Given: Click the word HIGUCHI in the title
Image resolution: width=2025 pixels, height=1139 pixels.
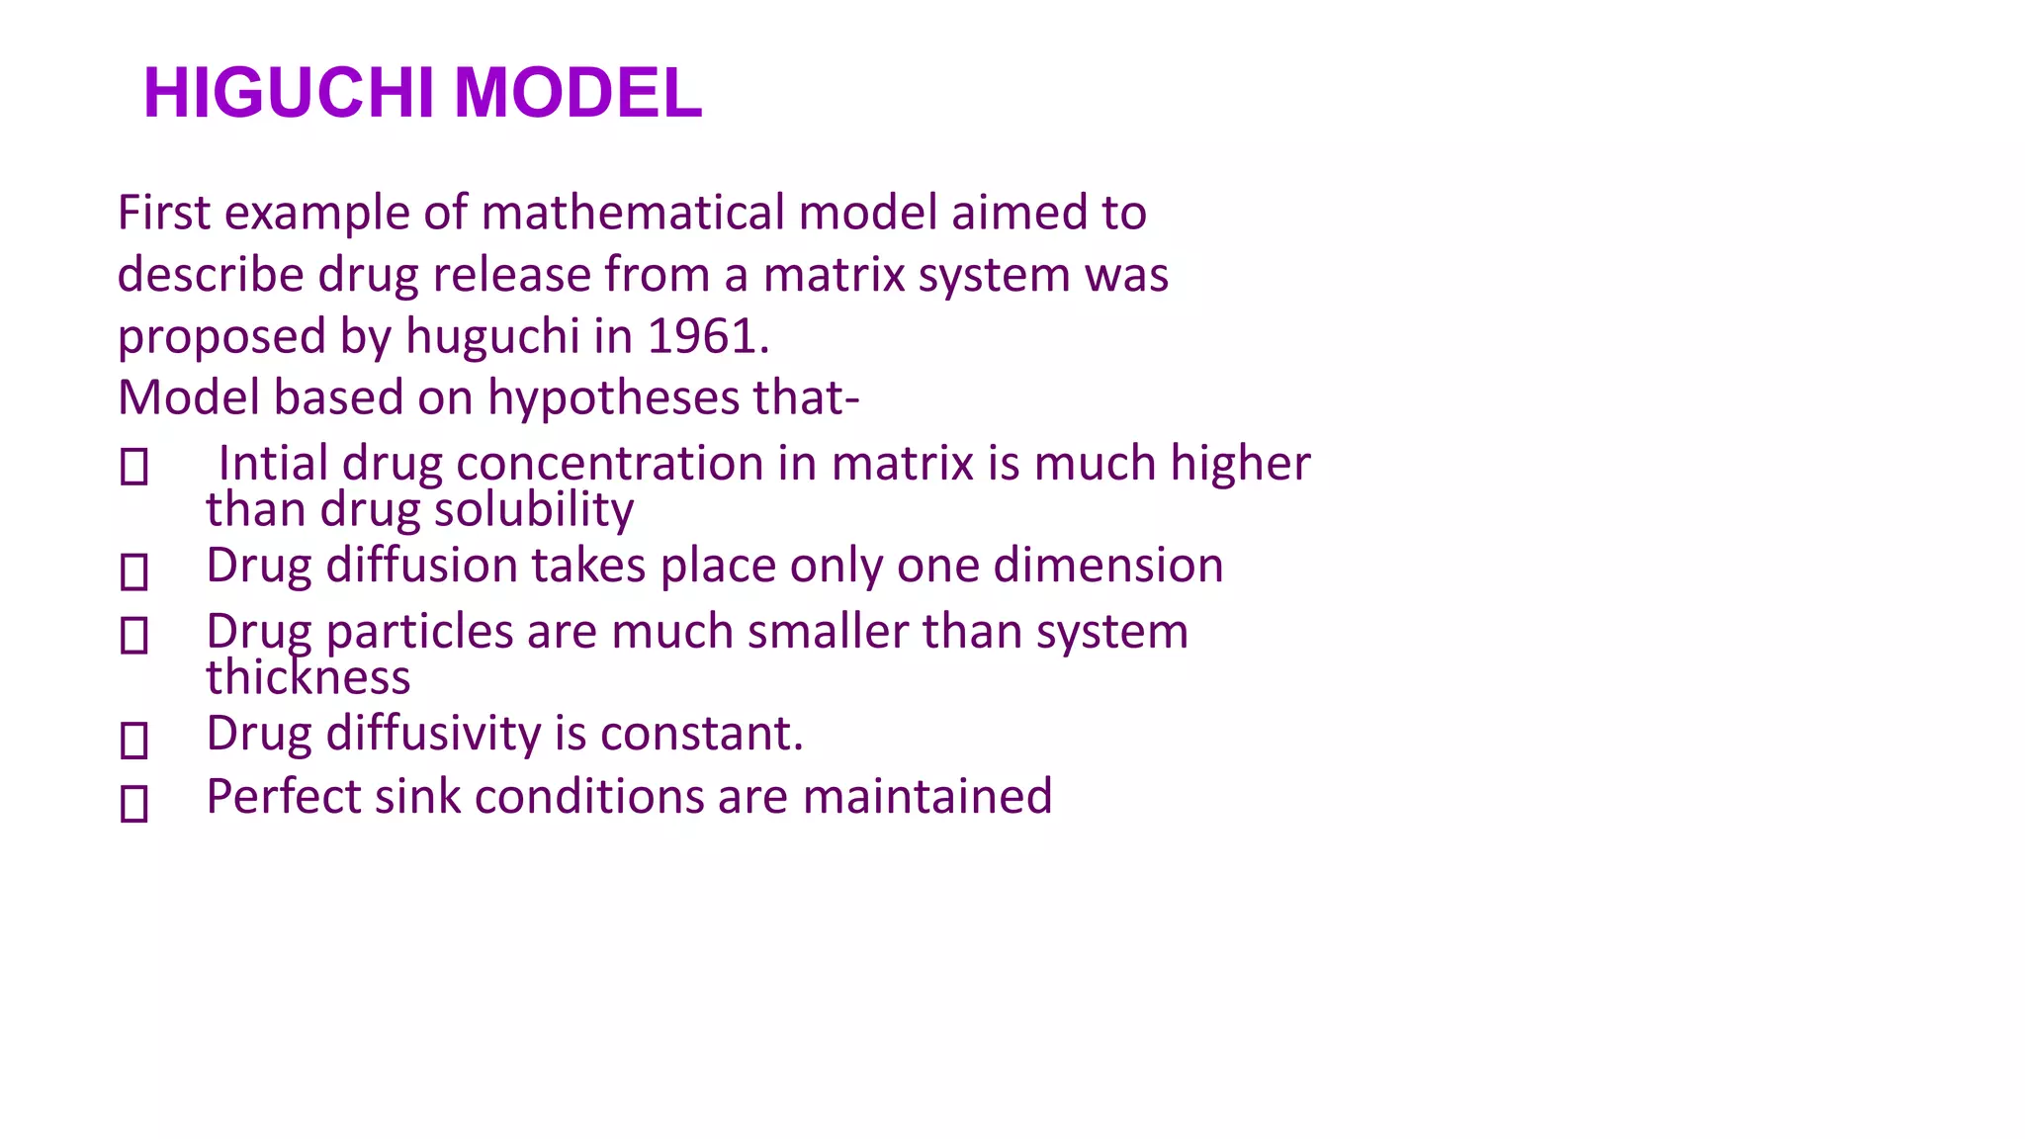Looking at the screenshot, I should (x=289, y=94).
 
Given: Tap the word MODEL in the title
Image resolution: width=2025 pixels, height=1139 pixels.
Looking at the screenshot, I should (x=577, y=94).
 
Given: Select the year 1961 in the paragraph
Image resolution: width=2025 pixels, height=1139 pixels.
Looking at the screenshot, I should (x=707, y=336).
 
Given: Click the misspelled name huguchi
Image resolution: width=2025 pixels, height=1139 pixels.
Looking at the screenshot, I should (x=492, y=336).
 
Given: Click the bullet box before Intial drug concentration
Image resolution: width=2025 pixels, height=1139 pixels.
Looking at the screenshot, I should (x=134, y=467).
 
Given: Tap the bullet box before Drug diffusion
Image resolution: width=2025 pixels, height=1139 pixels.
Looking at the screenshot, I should (x=134, y=571).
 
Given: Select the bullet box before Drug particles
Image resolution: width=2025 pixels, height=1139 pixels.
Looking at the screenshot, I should (x=134, y=635).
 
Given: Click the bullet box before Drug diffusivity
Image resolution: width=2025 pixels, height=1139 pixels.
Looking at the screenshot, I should (x=134, y=740).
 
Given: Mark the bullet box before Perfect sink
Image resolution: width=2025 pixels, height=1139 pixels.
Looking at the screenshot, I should (x=134, y=803).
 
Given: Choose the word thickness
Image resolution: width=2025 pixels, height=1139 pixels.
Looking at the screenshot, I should (x=308, y=678).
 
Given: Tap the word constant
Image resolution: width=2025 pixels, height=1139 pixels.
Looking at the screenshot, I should (x=701, y=734).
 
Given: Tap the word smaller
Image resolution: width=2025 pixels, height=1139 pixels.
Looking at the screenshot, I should (x=828, y=632).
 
